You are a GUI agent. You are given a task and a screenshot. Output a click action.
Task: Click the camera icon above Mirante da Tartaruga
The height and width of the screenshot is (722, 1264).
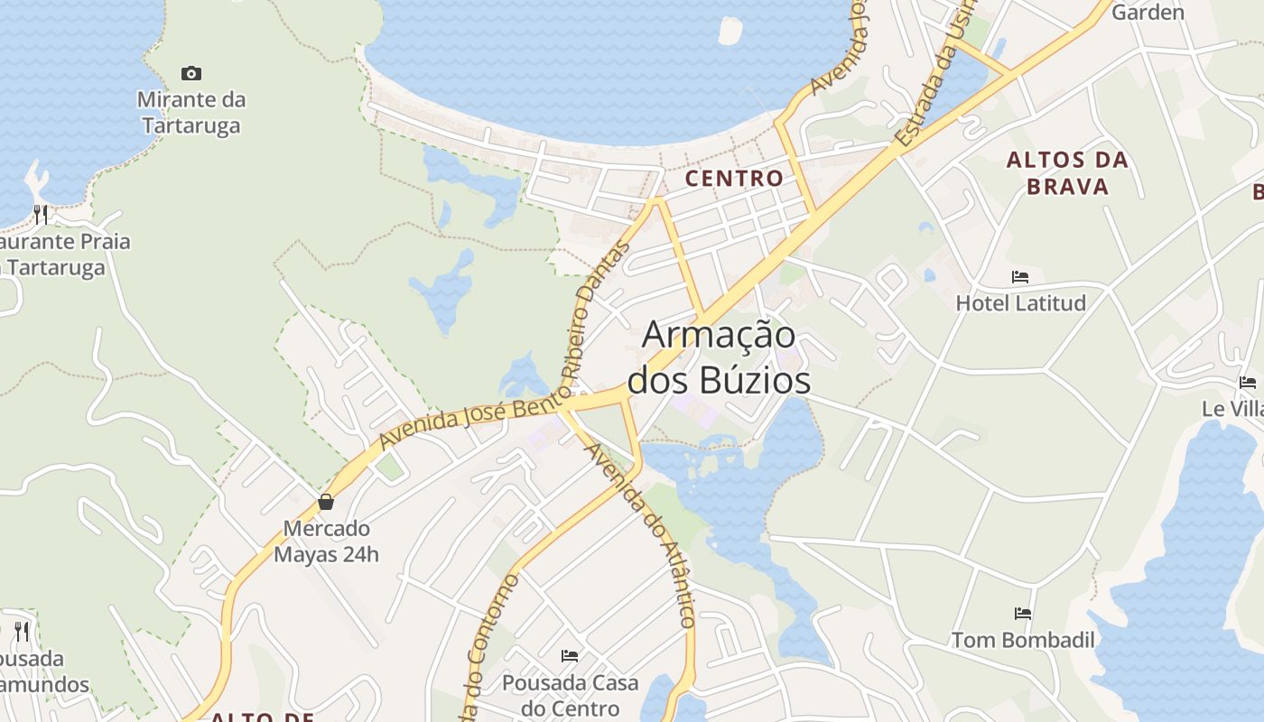pos(191,73)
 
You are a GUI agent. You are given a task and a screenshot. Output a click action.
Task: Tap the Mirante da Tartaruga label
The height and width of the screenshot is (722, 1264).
pos(191,112)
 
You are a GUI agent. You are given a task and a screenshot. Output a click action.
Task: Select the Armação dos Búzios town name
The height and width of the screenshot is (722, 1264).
pos(719,357)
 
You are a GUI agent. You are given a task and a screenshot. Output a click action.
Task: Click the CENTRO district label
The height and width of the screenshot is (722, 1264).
pos(734,178)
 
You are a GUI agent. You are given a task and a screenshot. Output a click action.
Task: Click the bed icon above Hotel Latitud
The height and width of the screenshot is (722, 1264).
pos(1020,277)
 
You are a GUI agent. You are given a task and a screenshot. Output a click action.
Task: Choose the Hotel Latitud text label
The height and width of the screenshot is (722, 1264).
pos(1020,302)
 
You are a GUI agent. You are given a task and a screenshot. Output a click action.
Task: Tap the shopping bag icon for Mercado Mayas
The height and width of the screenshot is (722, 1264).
pos(326,502)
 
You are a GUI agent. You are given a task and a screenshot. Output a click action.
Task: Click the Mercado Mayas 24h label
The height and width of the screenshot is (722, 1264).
pos(326,541)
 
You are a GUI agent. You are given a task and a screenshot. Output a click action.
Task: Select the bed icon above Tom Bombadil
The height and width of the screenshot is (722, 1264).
pos(1023,614)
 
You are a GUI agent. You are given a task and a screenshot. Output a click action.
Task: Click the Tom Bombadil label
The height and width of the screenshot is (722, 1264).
pos(1023,640)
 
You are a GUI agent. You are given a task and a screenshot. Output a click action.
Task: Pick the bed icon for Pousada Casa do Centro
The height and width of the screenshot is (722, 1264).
pos(570,656)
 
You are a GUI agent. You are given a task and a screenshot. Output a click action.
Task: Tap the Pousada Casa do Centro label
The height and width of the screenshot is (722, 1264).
pos(570,695)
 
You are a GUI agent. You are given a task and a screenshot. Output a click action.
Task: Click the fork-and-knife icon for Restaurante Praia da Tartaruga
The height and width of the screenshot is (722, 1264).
pos(41,215)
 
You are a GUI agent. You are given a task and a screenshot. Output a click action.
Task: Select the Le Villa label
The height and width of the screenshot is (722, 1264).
pos(1231,409)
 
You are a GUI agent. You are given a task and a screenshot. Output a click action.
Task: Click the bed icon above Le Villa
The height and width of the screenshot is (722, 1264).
pos(1248,383)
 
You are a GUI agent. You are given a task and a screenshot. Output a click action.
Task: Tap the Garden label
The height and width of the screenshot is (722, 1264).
pos(1148,13)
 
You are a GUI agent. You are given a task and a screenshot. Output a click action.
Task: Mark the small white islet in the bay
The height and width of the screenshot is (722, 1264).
pos(730,30)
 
